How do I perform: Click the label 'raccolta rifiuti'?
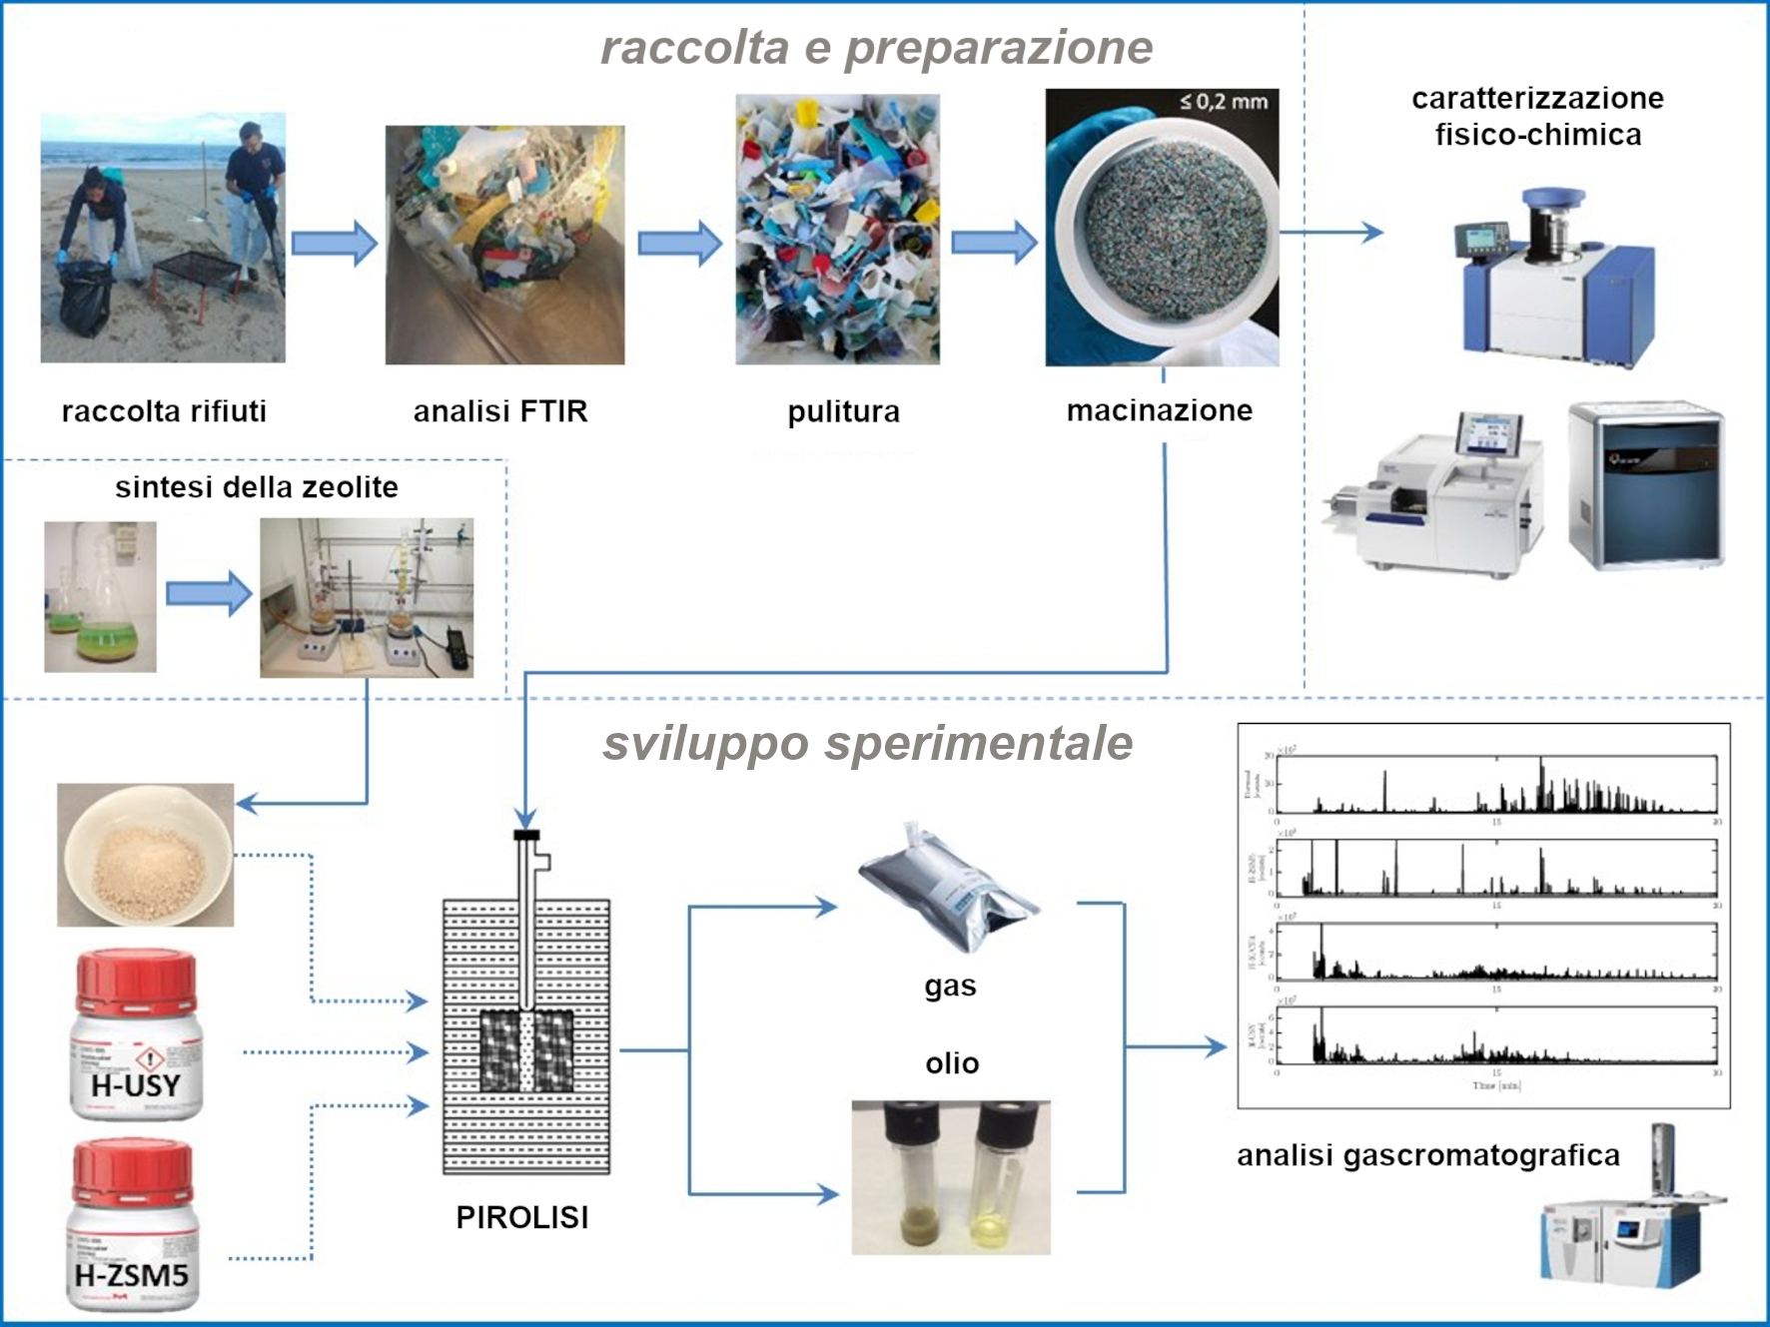coord(164,411)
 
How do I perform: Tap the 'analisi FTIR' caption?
coord(500,411)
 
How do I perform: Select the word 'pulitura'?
coord(843,411)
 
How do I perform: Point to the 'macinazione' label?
coord(1159,410)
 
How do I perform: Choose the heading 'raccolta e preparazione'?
coord(876,48)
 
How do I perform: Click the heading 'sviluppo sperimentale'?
coord(867,743)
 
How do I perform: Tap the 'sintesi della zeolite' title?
coord(256,487)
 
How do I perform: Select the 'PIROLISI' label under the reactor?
coord(521,1217)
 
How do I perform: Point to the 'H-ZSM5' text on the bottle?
coord(131,1275)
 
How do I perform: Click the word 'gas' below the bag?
coord(950,987)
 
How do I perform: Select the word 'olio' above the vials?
coord(951,1063)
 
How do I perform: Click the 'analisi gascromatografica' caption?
coord(1427,1155)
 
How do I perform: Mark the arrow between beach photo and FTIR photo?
coord(334,243)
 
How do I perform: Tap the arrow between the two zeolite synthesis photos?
coord(208,594)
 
